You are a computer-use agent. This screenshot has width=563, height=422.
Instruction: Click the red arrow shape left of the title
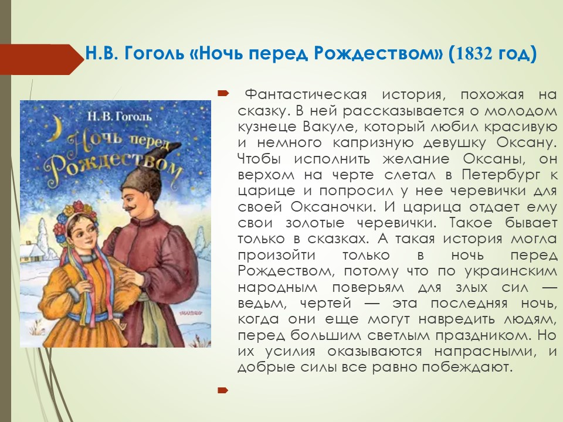tap(42, 59)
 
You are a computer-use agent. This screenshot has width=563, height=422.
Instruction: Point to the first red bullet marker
tap(223, 94)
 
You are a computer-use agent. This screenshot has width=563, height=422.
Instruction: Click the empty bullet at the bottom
tap(223, 390)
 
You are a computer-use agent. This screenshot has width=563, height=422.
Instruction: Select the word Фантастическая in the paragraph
tap(306, 95)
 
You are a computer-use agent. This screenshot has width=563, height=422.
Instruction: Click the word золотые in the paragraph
tap(315, 223)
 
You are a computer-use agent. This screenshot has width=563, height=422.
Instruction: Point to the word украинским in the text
tap(511, 271)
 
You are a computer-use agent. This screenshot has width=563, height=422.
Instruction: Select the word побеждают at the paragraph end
tap(466, 367)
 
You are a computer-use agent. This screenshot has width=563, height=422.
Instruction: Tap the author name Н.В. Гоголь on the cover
tap(120, 117)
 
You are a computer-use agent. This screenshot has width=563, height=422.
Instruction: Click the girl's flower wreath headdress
tap(76, 215)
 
